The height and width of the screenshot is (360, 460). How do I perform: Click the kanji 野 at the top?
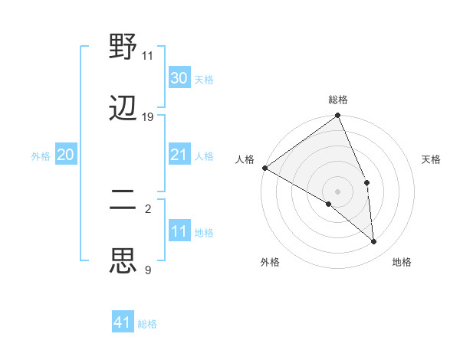(123, 47)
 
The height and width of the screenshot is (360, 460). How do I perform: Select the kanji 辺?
(123, 108)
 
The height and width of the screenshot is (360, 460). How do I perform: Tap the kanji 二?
(123, 201)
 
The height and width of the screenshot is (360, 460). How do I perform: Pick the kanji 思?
(123, 261)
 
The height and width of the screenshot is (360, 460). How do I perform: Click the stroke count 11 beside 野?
(147, 56)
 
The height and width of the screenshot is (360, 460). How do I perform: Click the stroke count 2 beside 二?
(147, 208)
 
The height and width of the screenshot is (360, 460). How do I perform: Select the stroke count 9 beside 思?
(147, 270)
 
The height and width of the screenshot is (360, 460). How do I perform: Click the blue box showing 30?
(179, 78)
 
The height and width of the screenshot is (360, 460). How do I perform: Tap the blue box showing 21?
(179, 155)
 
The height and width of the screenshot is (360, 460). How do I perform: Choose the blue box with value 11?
(179, 231)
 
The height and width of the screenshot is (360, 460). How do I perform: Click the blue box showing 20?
(66, 155)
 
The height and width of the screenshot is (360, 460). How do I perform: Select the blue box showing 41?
(123, 322)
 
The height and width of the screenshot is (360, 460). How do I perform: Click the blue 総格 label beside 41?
(147, 324)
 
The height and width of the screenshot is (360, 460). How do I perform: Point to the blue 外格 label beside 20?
(41, 156)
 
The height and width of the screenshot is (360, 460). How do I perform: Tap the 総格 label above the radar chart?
(338, 100)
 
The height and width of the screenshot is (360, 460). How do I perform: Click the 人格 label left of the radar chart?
(245, 159)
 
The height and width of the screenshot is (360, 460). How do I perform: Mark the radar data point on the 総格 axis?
(337, 116)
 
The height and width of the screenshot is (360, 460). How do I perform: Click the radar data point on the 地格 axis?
(374, 241)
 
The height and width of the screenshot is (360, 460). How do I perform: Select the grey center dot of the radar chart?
(337, 191)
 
